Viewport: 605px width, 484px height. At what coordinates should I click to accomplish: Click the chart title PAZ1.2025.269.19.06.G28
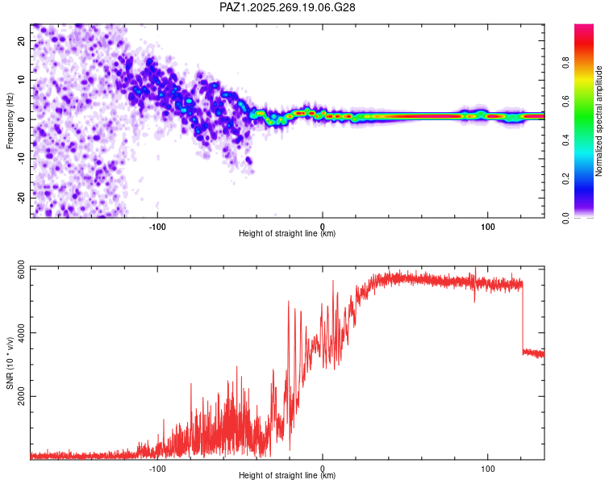tap(287, 7)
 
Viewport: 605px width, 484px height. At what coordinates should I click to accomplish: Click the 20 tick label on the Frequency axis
tap(21, 40)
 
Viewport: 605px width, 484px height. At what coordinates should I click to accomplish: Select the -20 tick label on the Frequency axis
tap(21, 198)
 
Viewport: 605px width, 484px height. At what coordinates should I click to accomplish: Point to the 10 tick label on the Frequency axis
tap(21, 80)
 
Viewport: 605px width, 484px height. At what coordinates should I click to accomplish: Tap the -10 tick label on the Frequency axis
tap(21, 158)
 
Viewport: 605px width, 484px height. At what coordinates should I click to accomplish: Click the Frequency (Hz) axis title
tap(10, 121)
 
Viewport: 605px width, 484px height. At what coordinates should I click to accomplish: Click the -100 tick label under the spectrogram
tap(157, 227)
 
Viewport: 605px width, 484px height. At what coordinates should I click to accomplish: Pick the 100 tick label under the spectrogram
tap(488, 227)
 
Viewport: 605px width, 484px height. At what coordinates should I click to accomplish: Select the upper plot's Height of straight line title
tap(287, 233)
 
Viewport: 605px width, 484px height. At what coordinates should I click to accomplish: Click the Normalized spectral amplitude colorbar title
tap(599, 121)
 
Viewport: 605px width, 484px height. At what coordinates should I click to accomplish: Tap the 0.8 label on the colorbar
tap(565, 63)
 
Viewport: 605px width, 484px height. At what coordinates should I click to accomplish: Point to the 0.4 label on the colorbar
tap(565, 140)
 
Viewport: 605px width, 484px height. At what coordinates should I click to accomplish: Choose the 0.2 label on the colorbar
tap(565, 179)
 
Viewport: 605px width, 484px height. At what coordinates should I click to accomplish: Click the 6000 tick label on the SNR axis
tap(21, 269)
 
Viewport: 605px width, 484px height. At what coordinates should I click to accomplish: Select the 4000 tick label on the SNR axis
tap(21, 332)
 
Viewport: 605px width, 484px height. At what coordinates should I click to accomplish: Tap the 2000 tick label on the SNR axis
tap(21, 396)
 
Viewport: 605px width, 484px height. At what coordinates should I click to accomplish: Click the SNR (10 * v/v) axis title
tap(10, 363)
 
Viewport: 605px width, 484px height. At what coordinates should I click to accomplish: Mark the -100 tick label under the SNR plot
tap(157, 469)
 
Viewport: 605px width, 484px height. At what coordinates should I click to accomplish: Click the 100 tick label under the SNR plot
tap(488, 469)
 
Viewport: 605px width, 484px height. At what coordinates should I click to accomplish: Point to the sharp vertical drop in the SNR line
tap(523, 317)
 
